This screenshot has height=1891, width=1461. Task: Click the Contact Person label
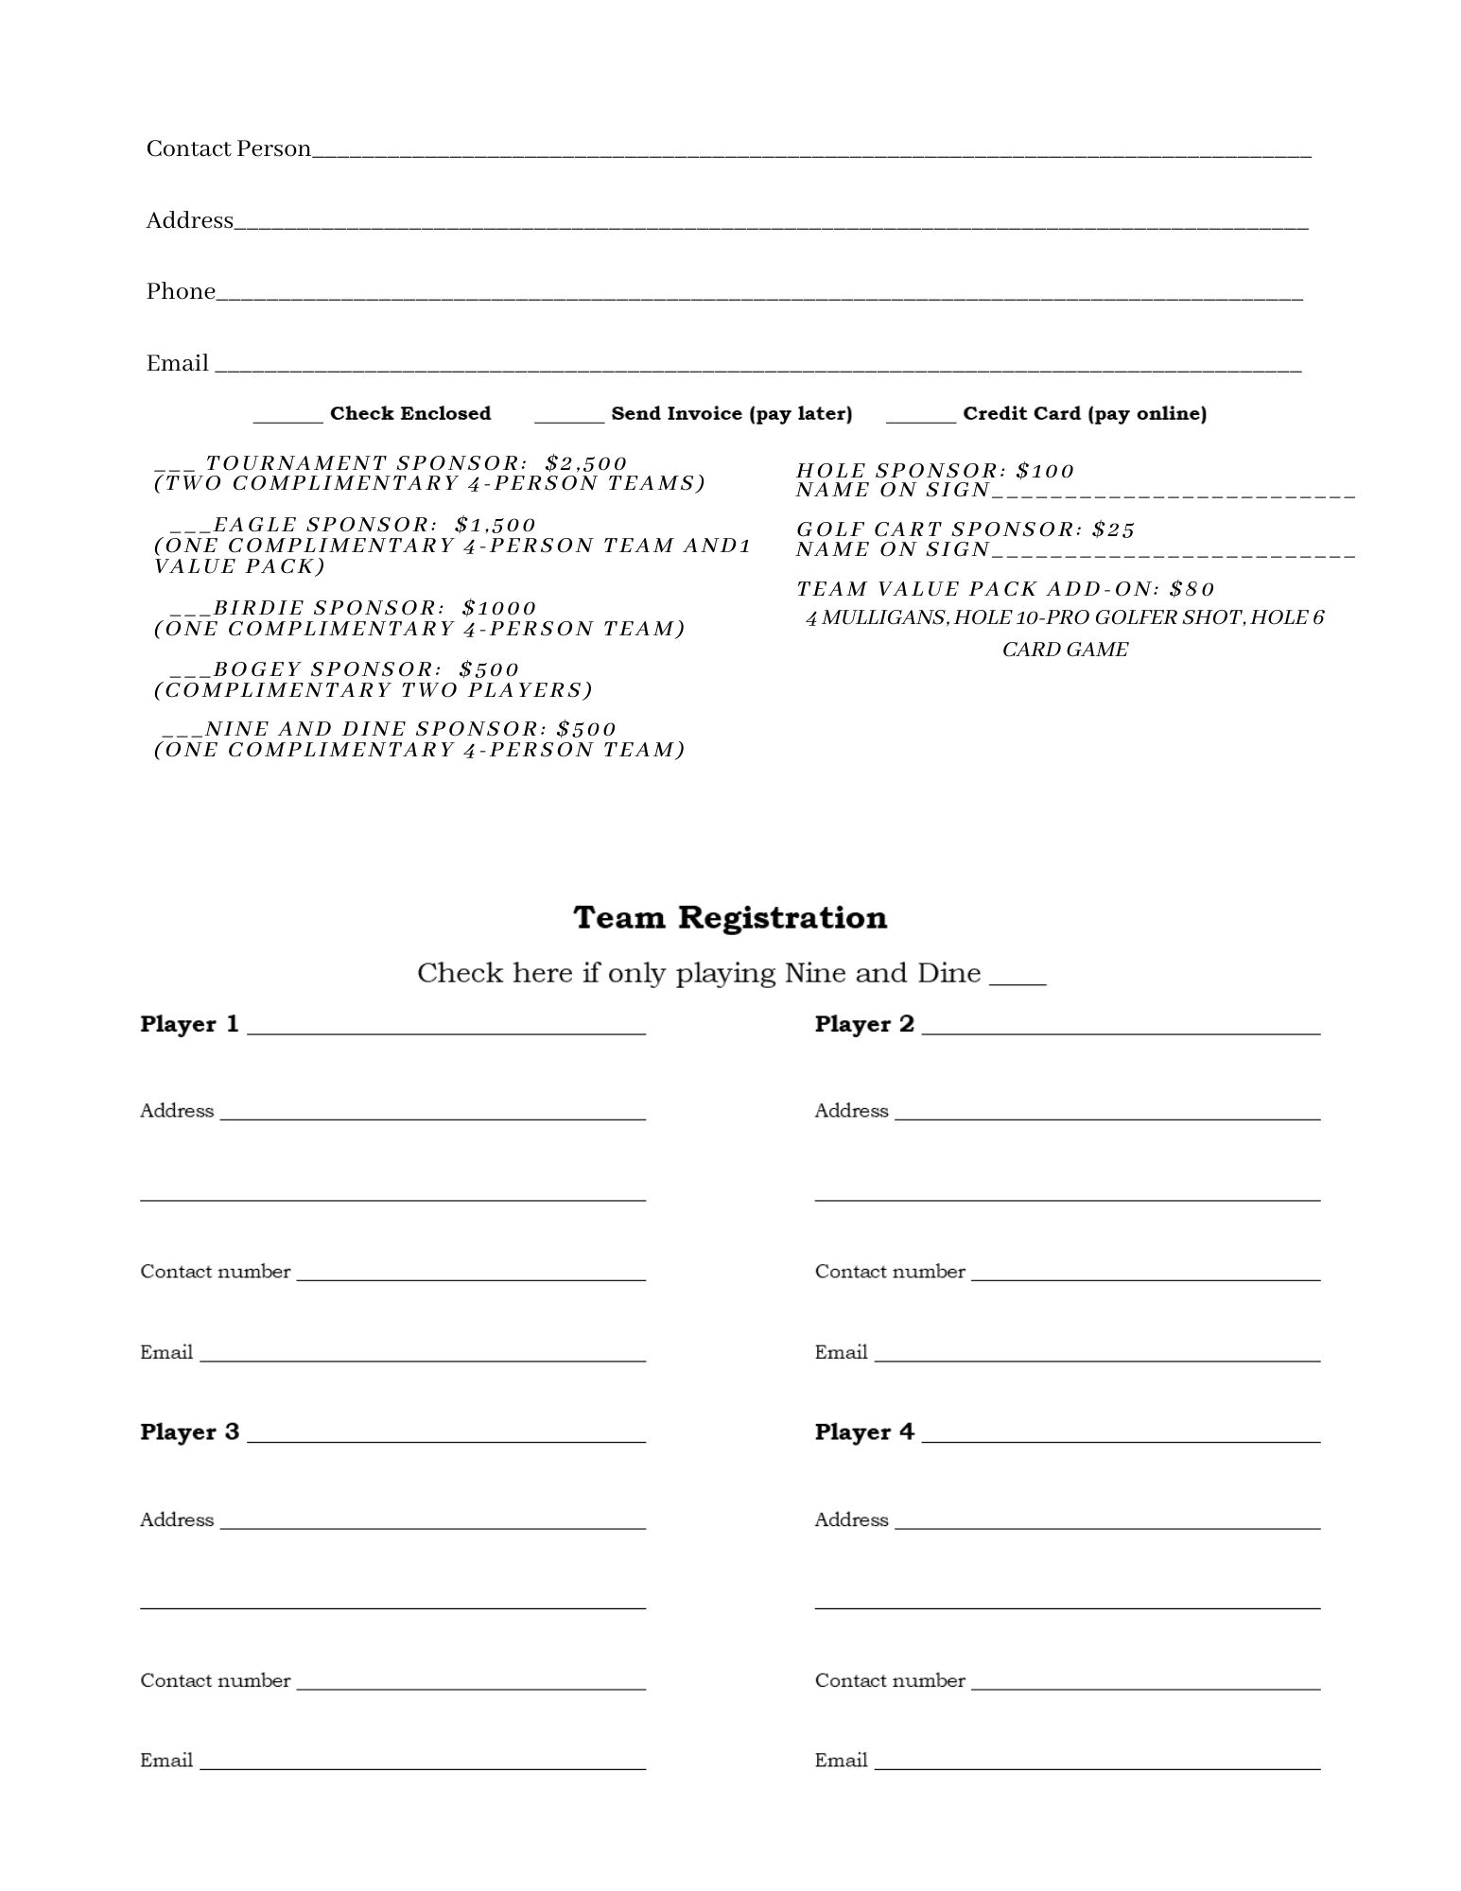[228, 148]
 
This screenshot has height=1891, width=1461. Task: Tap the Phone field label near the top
[181, 291]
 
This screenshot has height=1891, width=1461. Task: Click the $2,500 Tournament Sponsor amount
[586, 463]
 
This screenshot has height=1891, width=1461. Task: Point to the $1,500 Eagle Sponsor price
[496, 525]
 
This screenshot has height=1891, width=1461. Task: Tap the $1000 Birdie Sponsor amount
[499, 608]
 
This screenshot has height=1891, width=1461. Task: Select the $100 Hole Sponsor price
[1046, 471]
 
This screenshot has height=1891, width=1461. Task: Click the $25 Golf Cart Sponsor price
[1113, 529]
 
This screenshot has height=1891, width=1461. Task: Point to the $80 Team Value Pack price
[1191, 589]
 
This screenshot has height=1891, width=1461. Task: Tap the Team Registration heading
[730, 917]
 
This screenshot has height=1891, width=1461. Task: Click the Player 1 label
[189, 1024]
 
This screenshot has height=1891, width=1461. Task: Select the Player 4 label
[864, 1431]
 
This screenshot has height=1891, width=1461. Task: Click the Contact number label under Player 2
[890, 1272]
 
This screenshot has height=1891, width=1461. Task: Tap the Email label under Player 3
[166, 1760]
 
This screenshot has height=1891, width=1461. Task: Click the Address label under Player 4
[851, 1519]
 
